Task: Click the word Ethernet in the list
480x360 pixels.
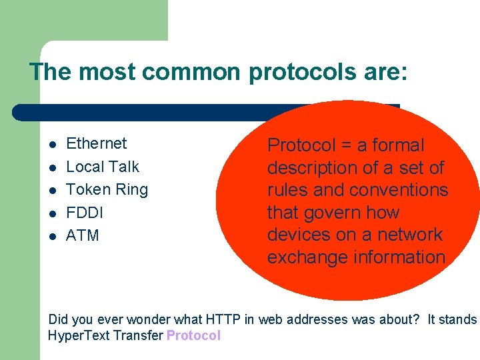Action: pos(96,143)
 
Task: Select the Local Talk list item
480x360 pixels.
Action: pos(103,167)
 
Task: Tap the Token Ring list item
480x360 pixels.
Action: pos(107,189)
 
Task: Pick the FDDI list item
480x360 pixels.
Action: pos(85,213)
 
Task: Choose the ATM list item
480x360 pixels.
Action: pos(83,235)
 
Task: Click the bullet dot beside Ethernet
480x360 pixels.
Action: pos(52,144)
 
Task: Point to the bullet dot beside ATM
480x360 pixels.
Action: pos(52,236)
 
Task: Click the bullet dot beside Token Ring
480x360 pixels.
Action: pos(52,190)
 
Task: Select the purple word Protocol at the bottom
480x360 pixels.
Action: pos(193,335)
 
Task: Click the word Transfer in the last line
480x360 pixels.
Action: pos(140,335)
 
